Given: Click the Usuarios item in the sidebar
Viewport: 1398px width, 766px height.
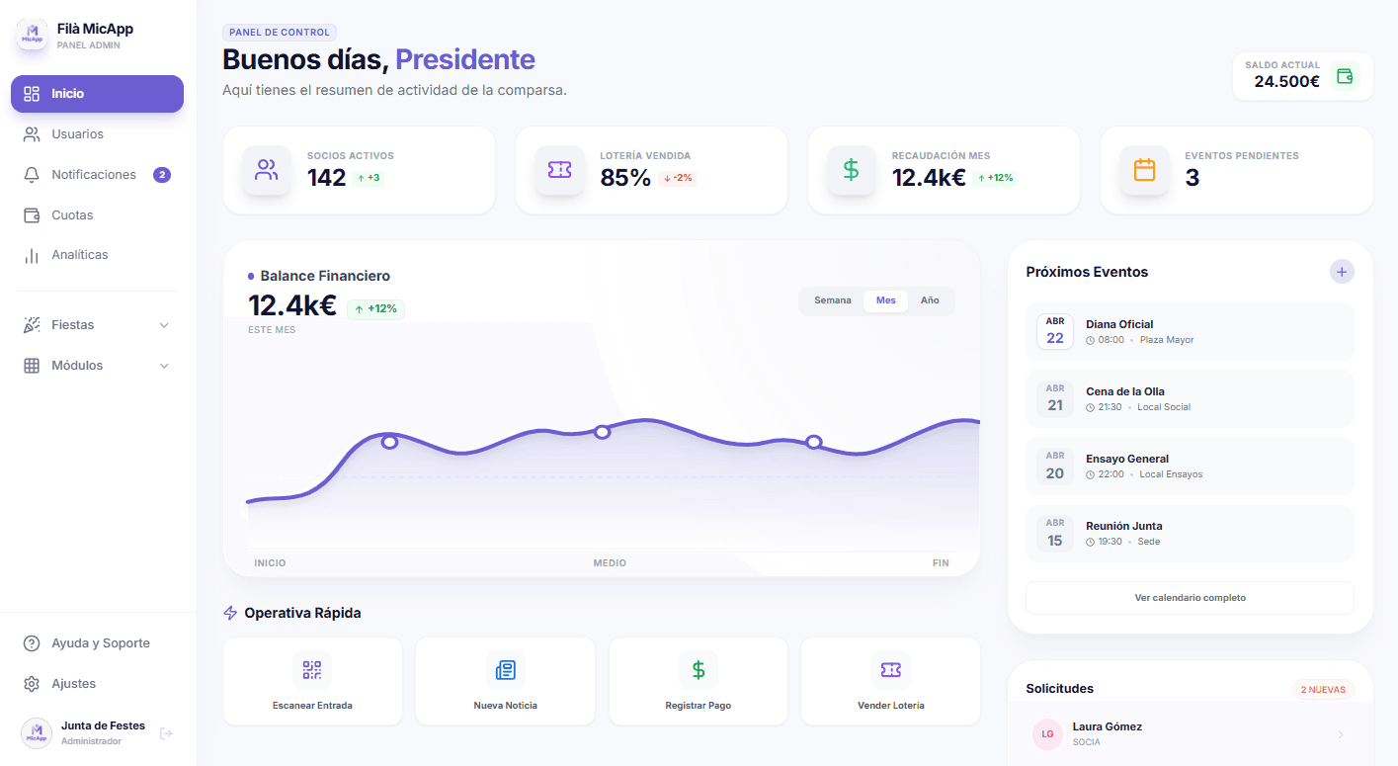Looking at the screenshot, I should [x=77, y=134].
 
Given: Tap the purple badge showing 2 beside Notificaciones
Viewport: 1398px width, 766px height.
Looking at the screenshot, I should [x=162, y=175].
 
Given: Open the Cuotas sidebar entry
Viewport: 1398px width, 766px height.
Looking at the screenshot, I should [x=72, y=215].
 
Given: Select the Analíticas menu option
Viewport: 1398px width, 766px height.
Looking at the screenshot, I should [x=79, y=255].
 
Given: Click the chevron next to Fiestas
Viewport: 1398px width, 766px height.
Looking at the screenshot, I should [x=164, y=325].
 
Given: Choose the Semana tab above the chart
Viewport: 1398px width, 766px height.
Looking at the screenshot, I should [x=832, y=300].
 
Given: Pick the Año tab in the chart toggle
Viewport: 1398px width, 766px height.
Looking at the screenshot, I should [x=930, y=300].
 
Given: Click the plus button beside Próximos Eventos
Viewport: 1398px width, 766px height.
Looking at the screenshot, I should [x=1341, y=272].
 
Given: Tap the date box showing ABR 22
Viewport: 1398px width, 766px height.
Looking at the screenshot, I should [x=1055, y=331].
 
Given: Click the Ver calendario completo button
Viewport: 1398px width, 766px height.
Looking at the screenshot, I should [x=1190, y=598].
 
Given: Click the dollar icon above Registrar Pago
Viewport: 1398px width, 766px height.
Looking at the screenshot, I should [x=699, y=670].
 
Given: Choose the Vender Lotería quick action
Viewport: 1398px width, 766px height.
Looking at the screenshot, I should [x=890, y=682].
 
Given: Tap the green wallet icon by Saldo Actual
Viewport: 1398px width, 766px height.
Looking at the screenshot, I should [x=1344, y=75].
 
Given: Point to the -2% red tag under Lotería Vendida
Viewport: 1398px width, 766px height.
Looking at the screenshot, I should [x=677, y=178].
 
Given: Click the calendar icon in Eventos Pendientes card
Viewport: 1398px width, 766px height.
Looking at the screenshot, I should [x=1144, y=170].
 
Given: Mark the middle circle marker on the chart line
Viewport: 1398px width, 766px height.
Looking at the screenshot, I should [x=602, y=432].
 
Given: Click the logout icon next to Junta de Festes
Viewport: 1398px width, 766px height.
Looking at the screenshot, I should [x=166, y=733].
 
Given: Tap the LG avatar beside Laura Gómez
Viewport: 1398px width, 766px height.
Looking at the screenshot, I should [x=1046, y=734].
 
